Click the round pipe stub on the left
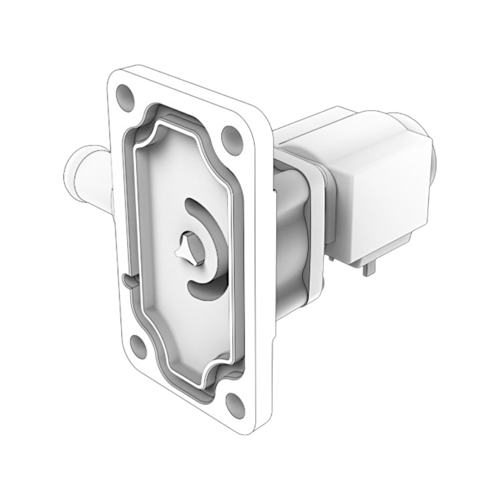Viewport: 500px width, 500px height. (88, 170)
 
